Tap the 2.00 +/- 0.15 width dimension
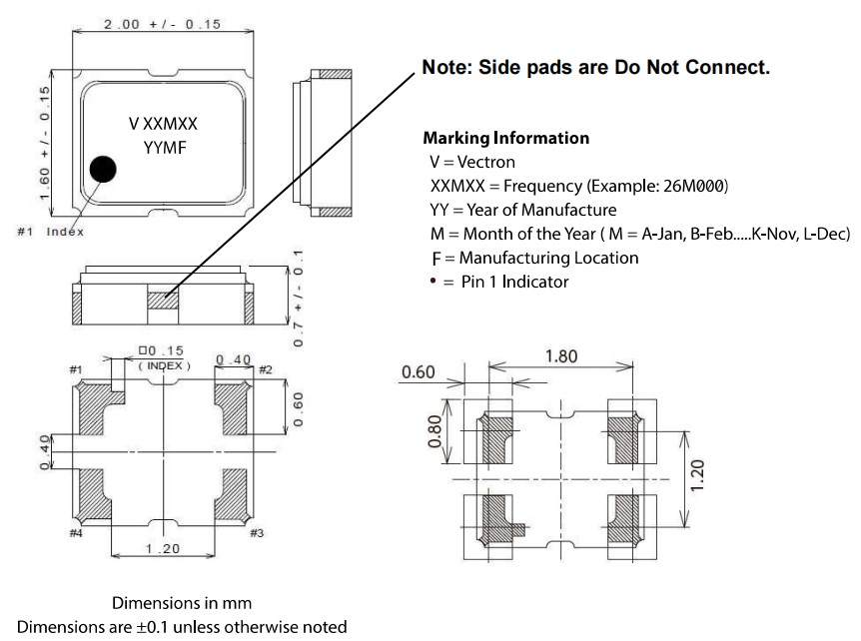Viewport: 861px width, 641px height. [x=162, y=23]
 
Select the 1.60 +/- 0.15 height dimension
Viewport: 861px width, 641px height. [x=45, y=141]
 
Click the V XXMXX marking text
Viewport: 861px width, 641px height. [x=163, y=124]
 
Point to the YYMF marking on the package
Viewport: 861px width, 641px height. [x=165, y=149]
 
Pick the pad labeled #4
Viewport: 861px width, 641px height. [x=96, y=496]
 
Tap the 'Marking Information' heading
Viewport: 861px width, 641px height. [x=505, y=138]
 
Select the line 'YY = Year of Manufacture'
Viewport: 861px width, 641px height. [x=522, y=210]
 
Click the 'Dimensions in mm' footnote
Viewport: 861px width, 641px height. [x=181, y=603]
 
